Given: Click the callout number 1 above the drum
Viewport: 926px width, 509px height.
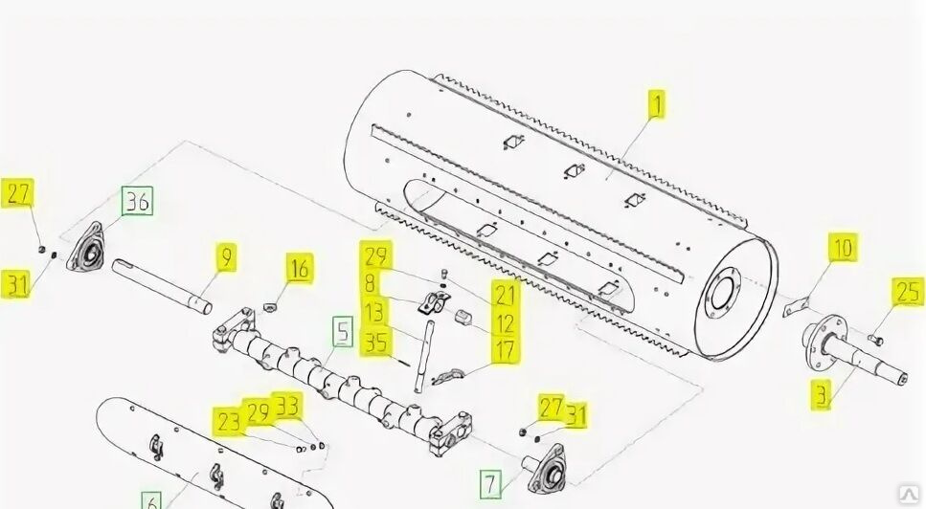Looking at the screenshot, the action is [656, 103].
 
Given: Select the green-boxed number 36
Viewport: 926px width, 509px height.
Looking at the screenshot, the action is [137, 201].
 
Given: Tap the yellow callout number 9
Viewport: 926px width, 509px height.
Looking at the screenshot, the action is [226, 257].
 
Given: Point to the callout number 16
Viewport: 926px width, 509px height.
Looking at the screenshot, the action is [300, 268].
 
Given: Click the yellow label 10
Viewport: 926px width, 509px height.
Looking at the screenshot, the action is [843, 248].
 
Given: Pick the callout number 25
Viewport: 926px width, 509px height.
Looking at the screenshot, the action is [908, 292].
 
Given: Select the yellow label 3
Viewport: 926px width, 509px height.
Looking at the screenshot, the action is [822, 395].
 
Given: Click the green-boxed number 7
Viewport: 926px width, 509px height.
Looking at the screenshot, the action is [490, 484].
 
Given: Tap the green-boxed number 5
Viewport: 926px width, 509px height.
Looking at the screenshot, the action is [343, 331].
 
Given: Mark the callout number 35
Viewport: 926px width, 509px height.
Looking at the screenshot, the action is [376, 343].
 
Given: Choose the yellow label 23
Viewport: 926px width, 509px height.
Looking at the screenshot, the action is [230, 421].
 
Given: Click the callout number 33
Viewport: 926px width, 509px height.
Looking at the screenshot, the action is [288, 406].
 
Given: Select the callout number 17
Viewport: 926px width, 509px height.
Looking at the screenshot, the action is [506, 349].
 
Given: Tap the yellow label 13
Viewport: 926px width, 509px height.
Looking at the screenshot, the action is [374, 313].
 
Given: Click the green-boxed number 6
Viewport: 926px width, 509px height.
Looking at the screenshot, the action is [151, 501].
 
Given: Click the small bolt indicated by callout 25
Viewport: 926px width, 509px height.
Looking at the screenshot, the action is [875, 339].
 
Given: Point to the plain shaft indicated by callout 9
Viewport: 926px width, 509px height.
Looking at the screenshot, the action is [162, 287].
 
